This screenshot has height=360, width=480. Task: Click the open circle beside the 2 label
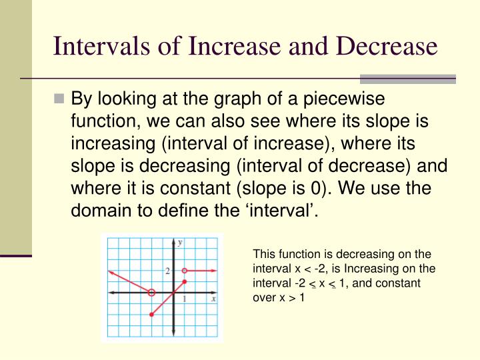(x=184, y=271)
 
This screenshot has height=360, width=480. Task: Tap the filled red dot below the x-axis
(x=151, y=315)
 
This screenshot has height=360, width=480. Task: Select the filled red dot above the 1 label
(x=184, y=282)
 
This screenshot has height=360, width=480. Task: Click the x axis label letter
(x=213, y=300)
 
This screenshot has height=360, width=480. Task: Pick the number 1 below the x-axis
(x=184, y=300)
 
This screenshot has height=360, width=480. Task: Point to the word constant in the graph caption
(x=402, y=283)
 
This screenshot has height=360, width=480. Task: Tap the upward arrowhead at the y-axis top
(x=173, y=239)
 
